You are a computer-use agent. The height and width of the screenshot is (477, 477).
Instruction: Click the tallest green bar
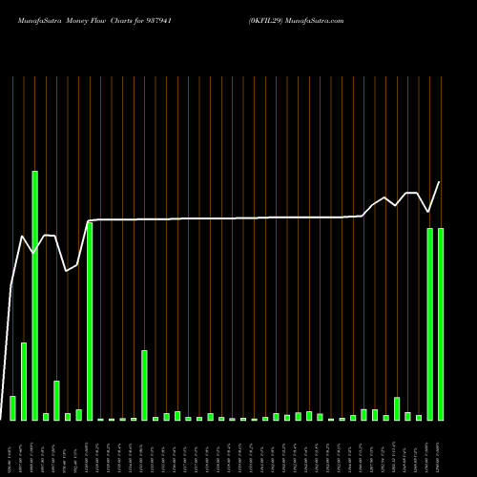[x=35, y=296]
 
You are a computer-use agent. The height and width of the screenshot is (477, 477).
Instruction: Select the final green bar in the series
[x=441, y=324]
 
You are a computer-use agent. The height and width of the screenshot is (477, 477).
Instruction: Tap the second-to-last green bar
[x=429, y=324]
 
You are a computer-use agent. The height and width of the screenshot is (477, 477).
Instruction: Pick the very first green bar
[x=13, y=408]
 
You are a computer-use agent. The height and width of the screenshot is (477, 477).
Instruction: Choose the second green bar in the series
[x=24, y=382]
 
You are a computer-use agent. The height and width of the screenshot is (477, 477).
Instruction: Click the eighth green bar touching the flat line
[x=90, y=321]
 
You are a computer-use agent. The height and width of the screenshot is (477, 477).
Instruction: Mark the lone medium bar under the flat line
[x=145, y=385]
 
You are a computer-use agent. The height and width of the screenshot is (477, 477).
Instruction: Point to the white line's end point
[x=440, y=182]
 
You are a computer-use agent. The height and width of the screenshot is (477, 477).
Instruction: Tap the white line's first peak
[x=23, y=235]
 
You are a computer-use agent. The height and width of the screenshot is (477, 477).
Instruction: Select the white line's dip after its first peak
[x=34, y=253]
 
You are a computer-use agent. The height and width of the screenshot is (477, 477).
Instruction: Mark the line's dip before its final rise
[x=429, y=212]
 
